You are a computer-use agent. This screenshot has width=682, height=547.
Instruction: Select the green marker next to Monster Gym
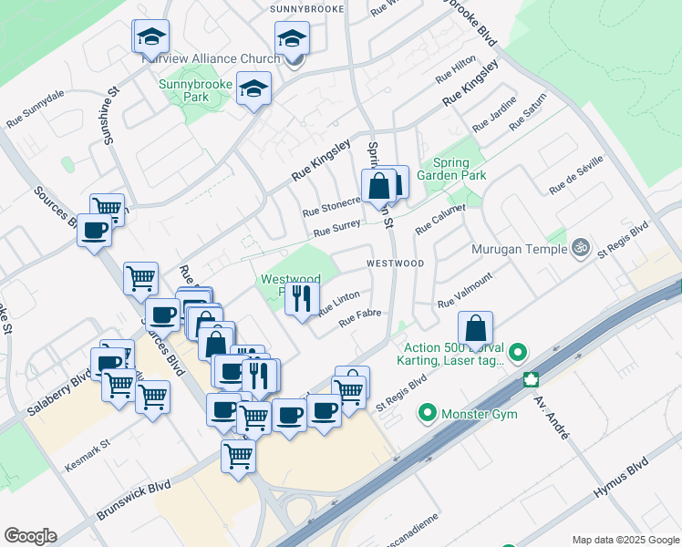426,415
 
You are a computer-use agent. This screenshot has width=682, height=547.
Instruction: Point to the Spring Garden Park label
451,169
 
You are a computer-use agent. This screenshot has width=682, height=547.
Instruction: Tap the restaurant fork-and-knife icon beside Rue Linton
302,297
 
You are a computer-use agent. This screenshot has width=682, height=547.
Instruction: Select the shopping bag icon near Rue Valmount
475,328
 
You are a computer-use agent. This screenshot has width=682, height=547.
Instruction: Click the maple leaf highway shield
530,379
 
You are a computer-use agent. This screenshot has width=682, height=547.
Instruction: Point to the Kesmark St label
87,458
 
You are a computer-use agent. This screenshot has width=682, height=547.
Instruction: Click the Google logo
30,536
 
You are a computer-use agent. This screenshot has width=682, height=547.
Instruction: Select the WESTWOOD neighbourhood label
396,263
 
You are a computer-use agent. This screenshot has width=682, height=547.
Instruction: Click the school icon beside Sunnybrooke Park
254,90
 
